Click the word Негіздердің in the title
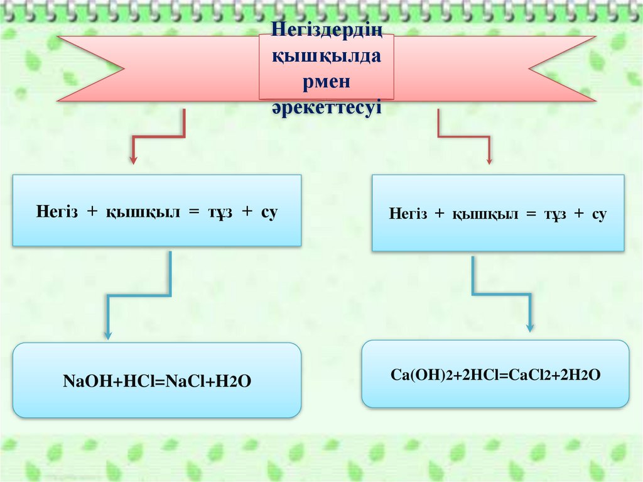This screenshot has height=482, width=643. point(327,30)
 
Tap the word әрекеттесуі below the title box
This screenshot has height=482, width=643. point(327,107)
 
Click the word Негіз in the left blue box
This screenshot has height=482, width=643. point(57,212)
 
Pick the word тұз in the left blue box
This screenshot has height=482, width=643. point(220,212)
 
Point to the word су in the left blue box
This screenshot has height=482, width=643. point(269,212)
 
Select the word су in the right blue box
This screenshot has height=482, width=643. point(598,214)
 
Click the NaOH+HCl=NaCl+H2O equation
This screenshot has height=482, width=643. point(157,381)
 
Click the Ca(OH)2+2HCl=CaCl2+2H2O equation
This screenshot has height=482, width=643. point(495,375)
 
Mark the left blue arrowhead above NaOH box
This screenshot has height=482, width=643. point(108,335)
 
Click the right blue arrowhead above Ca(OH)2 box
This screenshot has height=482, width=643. point(531,327)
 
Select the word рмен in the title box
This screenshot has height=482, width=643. point(327,82)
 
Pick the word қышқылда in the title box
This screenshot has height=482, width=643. point(327,56)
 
